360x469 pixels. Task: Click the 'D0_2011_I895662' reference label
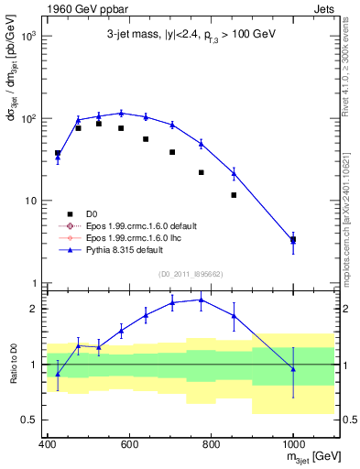(x=191, y=273)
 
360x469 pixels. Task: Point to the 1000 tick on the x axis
(x=293, y=444)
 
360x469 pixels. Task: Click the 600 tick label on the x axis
(x=129, y=444)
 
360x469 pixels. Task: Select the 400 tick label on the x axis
(x=48, y=444)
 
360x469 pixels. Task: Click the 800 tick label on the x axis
(x=212, y=444)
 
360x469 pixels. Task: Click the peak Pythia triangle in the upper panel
(x=121, y=114)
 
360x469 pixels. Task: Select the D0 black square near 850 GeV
(x=234, y=195)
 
